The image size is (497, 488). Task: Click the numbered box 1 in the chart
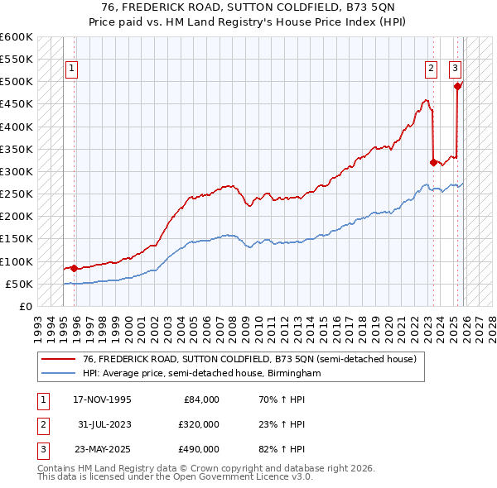pos(71,69)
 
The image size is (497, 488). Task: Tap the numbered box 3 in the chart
pos(456,69)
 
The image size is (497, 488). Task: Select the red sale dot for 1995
pos(75,268)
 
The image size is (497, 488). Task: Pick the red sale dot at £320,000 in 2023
pos(433,162)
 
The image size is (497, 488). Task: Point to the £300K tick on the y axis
pos(17,171)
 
